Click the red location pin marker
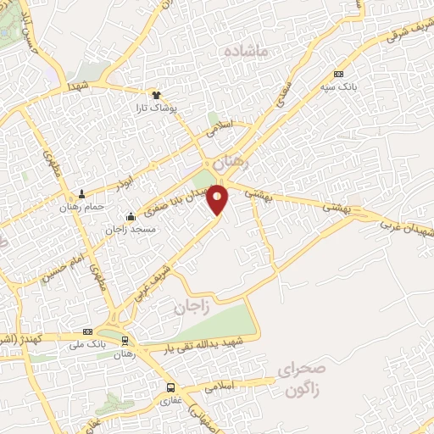tap(219, 200)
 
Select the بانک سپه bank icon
tap(339, 74)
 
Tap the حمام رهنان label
tap(82, 207)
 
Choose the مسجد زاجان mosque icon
tap(130, 215)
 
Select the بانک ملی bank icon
tap(87, 331)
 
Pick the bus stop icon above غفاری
tap(170, 389)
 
